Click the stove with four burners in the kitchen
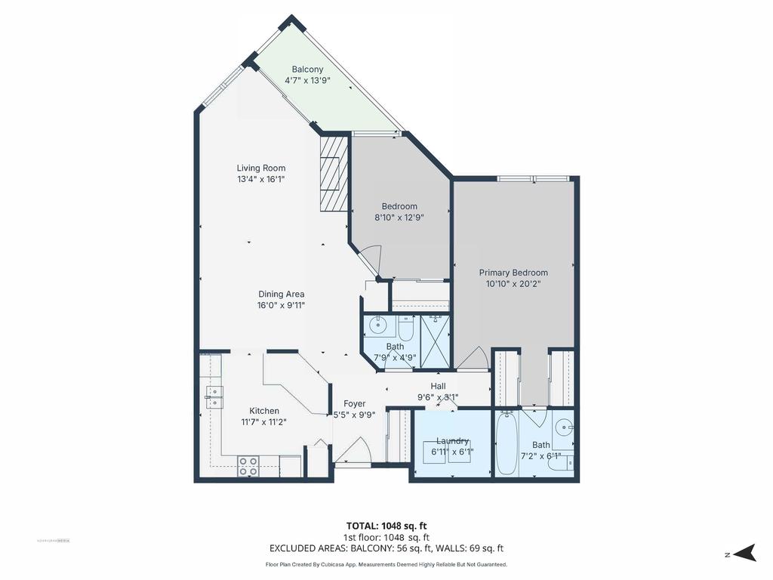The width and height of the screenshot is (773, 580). [x=248, y=466]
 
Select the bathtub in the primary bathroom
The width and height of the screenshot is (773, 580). [x=507, y=444]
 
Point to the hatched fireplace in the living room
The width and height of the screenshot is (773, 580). [x=333, y=173]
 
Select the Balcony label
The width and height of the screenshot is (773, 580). [x=307, y=69]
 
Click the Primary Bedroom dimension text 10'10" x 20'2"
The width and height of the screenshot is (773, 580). [x=513, y=284]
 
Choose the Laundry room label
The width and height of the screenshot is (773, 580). [x=452, y=441]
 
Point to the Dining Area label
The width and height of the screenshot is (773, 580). [x=282, y=295]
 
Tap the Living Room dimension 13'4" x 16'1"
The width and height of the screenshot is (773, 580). [x=260, y=179]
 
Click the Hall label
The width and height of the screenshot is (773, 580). [x=438, y=386]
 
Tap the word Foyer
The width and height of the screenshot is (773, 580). [x=354, y=403]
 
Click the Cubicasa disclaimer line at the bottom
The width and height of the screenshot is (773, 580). [x=386, y=564]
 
